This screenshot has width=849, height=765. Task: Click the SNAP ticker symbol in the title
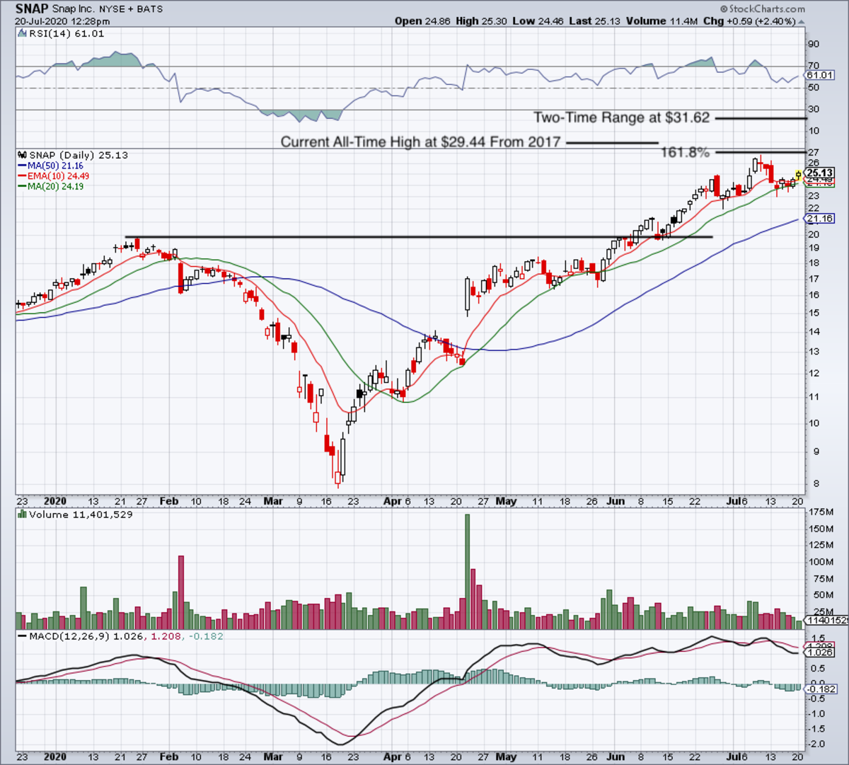click(31, 9)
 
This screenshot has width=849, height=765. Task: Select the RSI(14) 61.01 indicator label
click(63, 33)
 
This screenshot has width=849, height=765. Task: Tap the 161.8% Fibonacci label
click(685, 152)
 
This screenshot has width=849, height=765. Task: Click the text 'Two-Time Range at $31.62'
click(621, 118)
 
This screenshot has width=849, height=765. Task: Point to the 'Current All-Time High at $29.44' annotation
click(420, 142)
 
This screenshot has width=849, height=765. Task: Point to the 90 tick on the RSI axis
click(814, 45)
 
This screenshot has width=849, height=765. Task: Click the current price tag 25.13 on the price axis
click(820, 173)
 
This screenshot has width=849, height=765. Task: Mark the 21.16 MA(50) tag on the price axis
click(820, 219)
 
